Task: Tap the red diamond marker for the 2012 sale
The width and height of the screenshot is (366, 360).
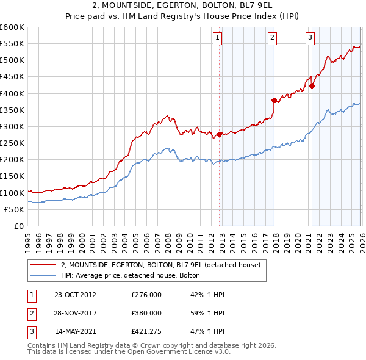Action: pos(220,134)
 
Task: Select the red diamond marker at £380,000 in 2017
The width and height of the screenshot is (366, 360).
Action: pos(274,100)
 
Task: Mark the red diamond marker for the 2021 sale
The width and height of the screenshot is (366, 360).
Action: pos(312,86)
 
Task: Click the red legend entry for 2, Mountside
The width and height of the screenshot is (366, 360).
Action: pos(161,264)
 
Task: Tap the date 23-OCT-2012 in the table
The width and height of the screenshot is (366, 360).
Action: pos(75,295)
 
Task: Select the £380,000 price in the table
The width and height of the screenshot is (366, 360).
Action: pos(146,313)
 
